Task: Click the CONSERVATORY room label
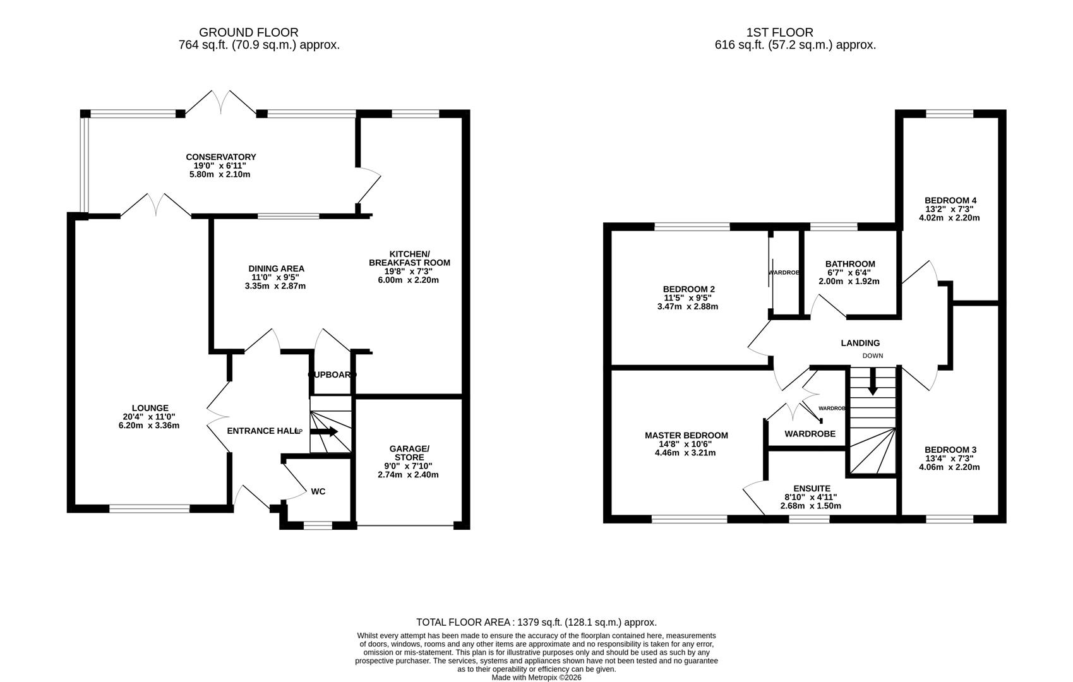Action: pos(220,157)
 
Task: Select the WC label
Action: pos(318,491)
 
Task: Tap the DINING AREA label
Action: pos(276,268)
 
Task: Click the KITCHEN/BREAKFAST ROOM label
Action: pos(409,258)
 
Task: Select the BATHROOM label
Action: pos(850,264)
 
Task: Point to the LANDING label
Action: pos(860,343)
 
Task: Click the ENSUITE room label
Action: pos(812,488)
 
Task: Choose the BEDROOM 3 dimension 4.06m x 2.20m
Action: pos(949,467)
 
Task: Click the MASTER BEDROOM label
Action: pos(686,435)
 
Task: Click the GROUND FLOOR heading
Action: pos(248,32)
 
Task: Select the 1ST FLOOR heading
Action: pos(779,32)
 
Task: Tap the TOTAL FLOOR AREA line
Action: pos(536,622)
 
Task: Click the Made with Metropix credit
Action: pos(536,678)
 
